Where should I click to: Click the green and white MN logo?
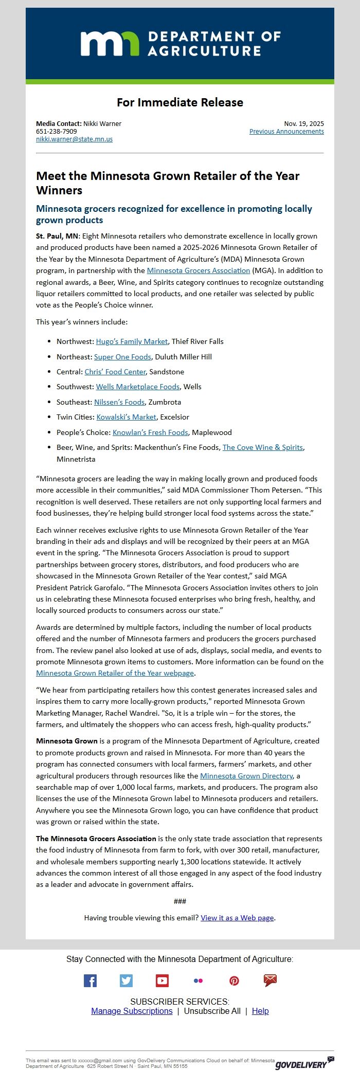tap(110, 43)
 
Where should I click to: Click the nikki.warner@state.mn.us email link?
tap(74, 139)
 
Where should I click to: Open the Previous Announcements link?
tap(286, 131)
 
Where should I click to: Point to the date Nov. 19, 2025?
tap(303, 123)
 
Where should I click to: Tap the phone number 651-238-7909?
tap(56, 131)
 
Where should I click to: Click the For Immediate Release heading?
tap(179, 102)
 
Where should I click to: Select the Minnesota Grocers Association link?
tap(198, 270)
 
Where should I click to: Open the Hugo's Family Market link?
tap(132, 341)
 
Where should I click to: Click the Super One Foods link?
tap(122, 357)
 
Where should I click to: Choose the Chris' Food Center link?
tap(115, 372)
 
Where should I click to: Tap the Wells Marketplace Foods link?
tap(137, 387)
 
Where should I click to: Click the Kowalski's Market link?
tap(127, 417)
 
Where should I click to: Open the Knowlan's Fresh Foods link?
tap(150, 432)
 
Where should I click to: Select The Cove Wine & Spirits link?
tap(262, 447)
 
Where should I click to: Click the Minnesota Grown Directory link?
tap(246, 776)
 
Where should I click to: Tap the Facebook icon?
tap(90, 980)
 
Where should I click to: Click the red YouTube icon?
tap(162, 980)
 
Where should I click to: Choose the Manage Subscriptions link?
tap(132, 1011)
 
